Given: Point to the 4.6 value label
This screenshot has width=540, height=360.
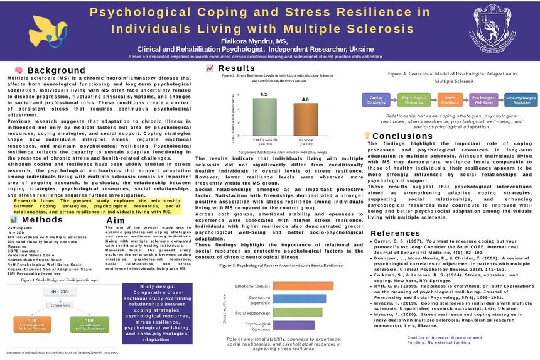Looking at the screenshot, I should coord(305,99).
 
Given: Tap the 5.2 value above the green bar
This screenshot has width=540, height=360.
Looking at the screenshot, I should coord(264,94).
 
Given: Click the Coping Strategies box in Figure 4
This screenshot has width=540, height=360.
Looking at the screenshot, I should coord(377,101).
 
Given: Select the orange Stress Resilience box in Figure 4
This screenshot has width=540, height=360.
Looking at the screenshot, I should coord(449,101).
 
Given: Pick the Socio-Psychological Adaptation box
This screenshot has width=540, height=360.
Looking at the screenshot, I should coord(521,101).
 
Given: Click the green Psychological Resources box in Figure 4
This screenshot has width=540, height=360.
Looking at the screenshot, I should coord(413,101).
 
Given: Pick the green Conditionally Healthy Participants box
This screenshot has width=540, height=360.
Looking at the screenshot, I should coord(85,324).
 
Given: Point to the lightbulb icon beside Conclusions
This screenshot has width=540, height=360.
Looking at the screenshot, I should coord(367,136).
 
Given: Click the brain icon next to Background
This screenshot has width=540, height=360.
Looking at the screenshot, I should coord(19,70).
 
